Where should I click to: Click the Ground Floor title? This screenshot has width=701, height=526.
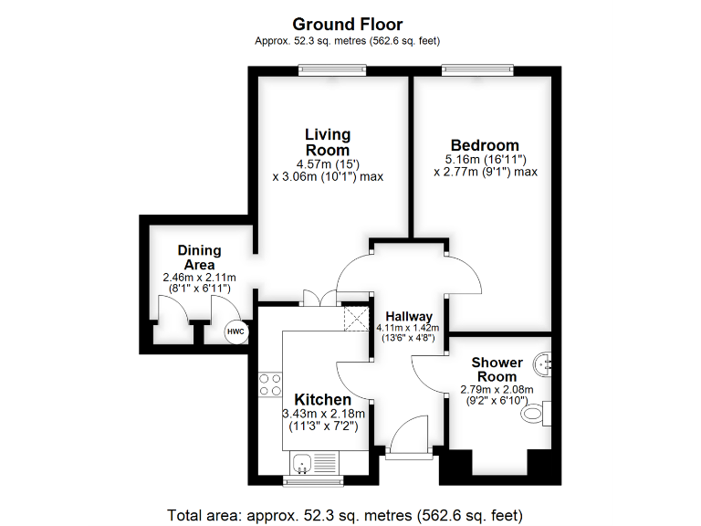(x=347, y=25)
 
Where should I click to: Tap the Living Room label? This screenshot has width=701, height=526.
(x=327, y=142)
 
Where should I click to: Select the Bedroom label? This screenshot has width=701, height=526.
(x=485, y=145)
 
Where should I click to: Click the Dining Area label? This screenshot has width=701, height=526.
(x=199, y=257)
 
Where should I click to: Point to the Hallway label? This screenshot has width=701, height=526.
(x=408, y=316)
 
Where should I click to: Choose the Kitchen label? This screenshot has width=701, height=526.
(x=322, y=400)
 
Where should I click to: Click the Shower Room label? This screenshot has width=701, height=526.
(x=497, y=370)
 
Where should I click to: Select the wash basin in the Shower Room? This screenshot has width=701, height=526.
(x=546, y=363)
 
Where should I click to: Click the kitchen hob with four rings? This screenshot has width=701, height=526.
(x=269, y=384)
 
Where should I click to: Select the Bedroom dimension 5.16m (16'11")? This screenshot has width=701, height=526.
(x=485, y=159)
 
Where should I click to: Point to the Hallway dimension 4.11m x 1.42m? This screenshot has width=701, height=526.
(x=408, y=329)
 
